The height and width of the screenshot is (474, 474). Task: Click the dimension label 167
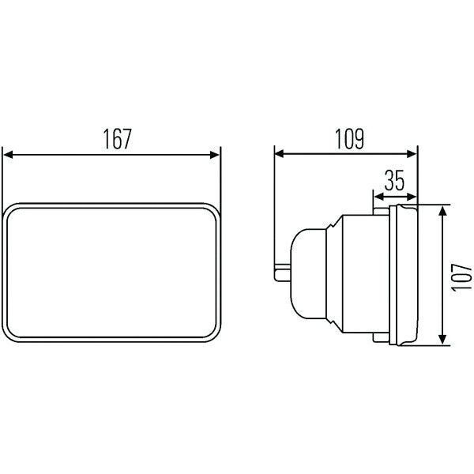point(118,139)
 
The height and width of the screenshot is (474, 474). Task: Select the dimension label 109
point(349,139)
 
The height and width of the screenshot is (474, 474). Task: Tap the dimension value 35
point(394,180)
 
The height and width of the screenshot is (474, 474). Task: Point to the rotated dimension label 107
point(461,277)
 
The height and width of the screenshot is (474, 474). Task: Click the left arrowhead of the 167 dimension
point(8,155)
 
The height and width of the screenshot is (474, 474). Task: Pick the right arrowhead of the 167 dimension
point(215,155)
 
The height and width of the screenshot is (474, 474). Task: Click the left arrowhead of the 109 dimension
point(280,154)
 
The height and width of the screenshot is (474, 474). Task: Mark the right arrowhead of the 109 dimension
point(412,154)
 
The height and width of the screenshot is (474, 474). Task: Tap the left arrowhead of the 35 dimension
point(379,197)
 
